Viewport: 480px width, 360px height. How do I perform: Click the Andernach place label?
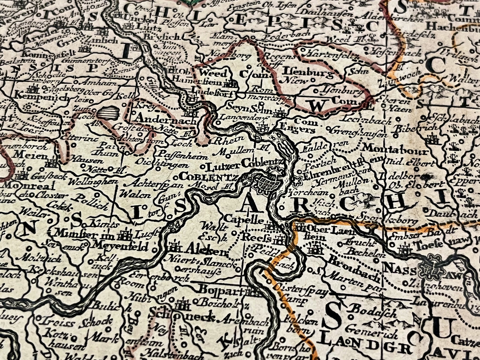[x=166, y=119]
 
